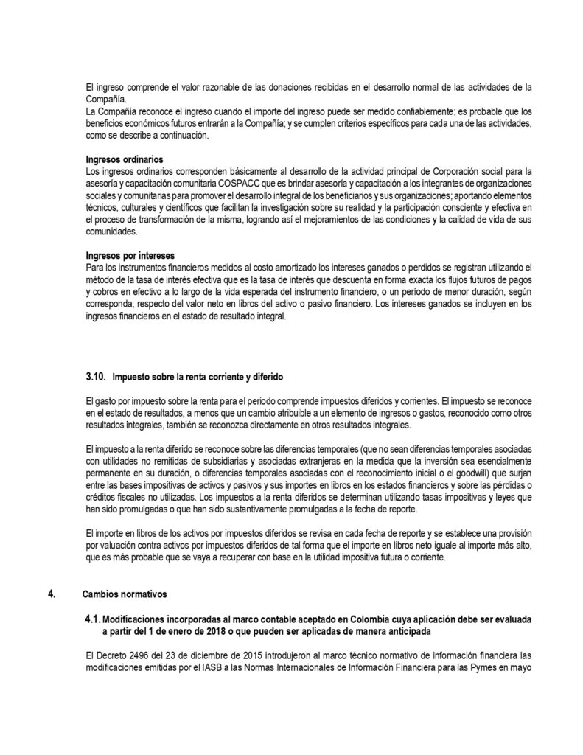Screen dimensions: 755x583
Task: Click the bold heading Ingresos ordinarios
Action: pyautogui.click(x=125, y=159)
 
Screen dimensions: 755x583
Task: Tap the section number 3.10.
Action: pyautogui.click(x=97, y=377)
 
